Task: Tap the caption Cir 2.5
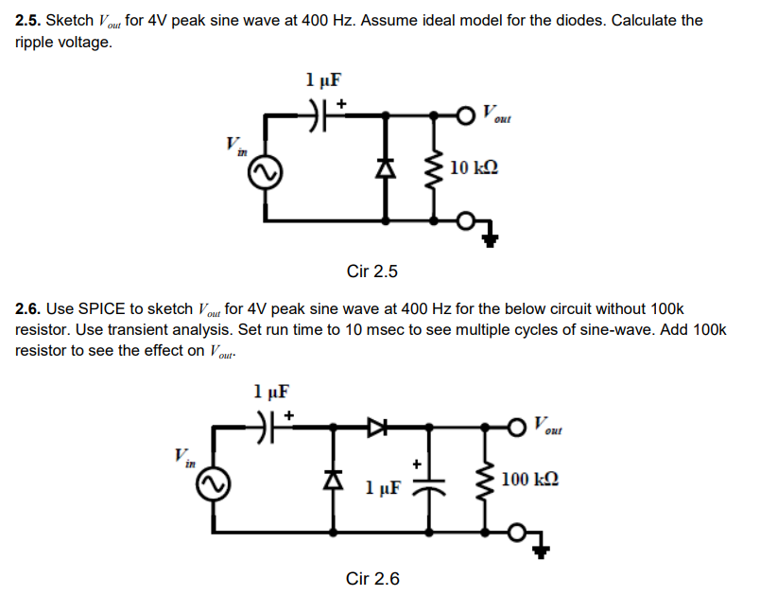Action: pyautogui.click(x=372, y=272)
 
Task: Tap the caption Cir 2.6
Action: pyautogui.click(x=372, y=578)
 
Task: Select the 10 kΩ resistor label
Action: pyautogui.click(x=474, y=168)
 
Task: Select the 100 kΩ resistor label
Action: pyautogui.click(x=529, y=480)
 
